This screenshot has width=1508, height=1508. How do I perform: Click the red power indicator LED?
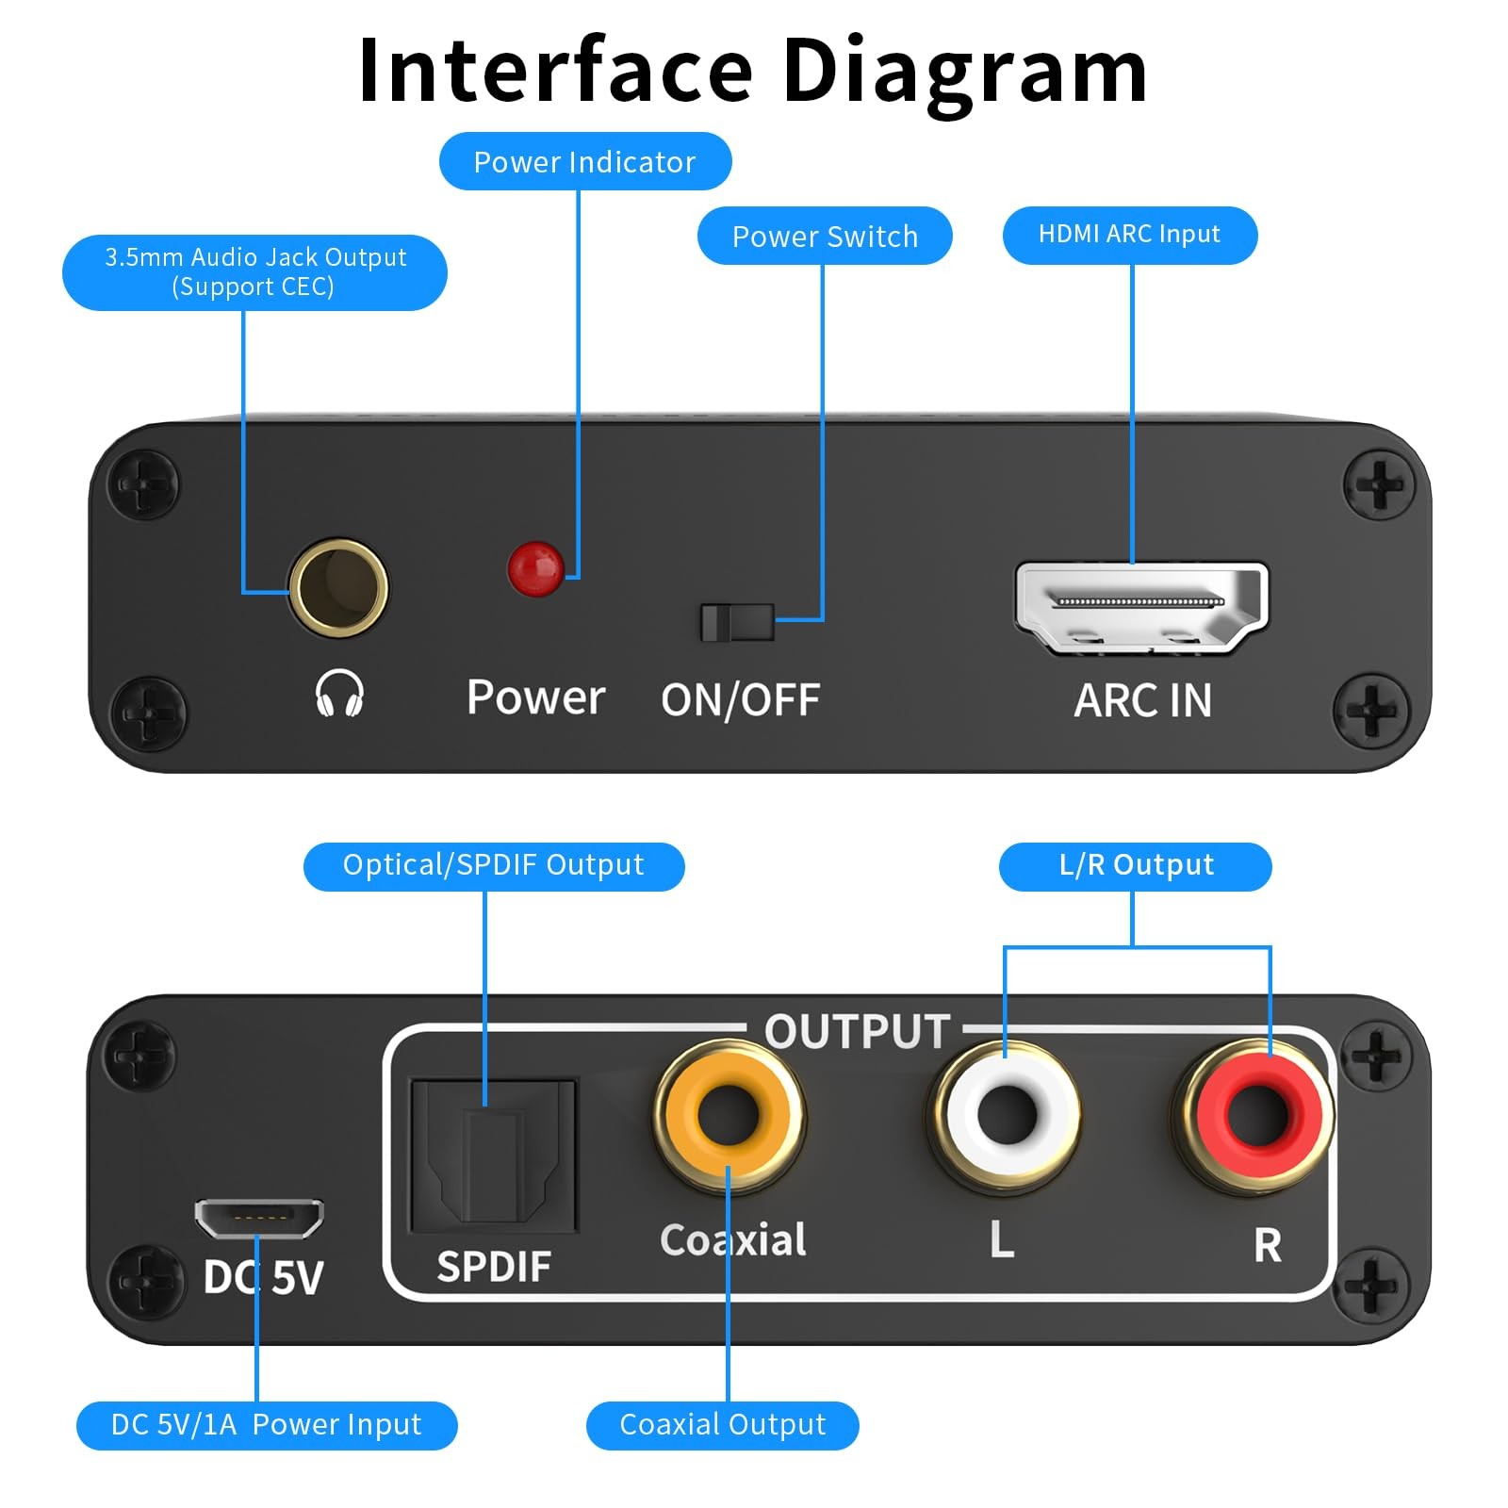(535, 568)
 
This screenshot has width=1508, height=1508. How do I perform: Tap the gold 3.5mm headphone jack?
(338, 588)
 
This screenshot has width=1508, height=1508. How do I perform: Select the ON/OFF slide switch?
(737, 622)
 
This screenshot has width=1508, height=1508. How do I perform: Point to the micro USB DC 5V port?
(259, 1218)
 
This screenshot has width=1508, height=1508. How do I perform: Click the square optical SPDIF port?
(493, 1156)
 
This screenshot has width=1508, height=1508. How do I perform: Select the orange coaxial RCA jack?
(729, 1115)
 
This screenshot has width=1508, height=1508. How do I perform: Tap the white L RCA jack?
(1006, 1115)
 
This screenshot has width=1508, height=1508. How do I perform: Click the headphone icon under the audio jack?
(339, 694)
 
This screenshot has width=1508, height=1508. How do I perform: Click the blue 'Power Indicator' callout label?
(584, 161)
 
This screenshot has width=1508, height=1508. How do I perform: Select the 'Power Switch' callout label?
(825, 236)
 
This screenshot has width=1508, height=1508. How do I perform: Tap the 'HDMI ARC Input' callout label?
(1129, 235)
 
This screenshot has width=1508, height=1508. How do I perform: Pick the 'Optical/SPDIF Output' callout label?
(493, 865)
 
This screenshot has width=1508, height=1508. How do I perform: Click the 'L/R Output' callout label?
(1136, 865)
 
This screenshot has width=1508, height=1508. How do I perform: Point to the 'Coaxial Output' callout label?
(722, 1424)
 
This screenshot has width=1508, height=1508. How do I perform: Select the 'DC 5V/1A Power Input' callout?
(267, 1424)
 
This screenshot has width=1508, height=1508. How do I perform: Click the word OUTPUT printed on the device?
(857, 1031)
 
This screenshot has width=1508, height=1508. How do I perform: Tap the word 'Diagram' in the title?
(965, 72)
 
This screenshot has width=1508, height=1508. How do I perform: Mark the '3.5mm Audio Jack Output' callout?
(254, 271)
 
